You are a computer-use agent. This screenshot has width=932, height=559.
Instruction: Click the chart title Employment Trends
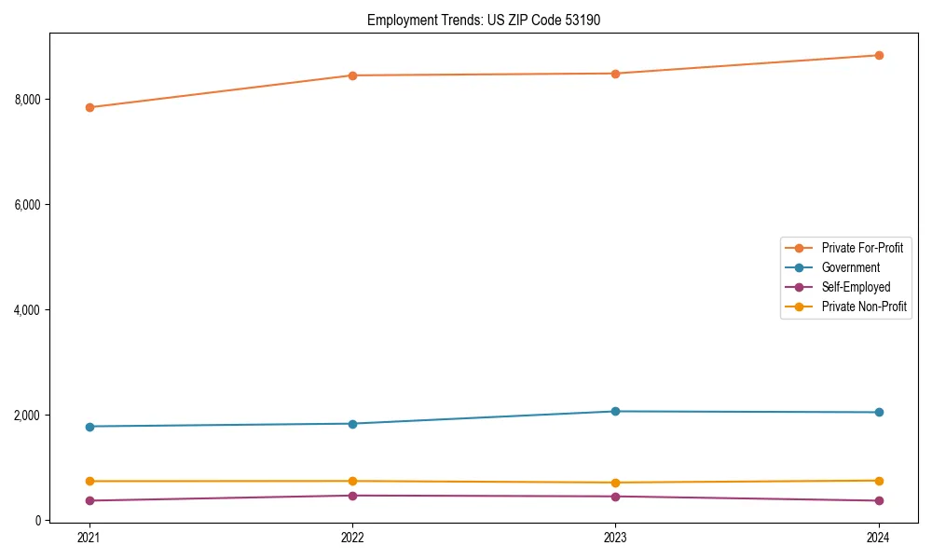(477, 20)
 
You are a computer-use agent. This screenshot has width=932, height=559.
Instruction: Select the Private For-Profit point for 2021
(89, 107)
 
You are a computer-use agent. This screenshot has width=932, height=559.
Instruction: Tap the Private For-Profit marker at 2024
(879, 55)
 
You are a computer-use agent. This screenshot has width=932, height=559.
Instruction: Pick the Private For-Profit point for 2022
(352, 75)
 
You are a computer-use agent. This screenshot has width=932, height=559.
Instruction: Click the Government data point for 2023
(615, 411)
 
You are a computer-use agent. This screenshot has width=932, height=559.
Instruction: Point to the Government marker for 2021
(89, 427)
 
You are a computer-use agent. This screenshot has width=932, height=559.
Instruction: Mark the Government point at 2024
(879, 412)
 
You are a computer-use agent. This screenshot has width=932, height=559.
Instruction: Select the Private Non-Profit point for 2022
(352, 481)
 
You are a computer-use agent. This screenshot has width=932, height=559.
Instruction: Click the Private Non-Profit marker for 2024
(879, 481)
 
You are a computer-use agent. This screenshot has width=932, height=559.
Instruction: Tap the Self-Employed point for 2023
(615, 497)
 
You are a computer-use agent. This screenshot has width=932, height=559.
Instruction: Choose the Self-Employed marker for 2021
(89, 500)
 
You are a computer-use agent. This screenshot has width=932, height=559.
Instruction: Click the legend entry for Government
(850, 267)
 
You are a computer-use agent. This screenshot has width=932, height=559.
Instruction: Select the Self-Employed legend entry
(856, 287)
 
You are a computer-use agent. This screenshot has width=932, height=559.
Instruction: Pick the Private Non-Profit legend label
(864, 307)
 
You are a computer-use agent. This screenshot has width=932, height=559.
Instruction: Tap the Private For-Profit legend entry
(861, 248)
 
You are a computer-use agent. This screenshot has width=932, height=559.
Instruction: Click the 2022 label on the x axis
(352, 537)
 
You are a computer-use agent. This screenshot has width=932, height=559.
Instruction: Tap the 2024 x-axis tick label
(879, 537)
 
